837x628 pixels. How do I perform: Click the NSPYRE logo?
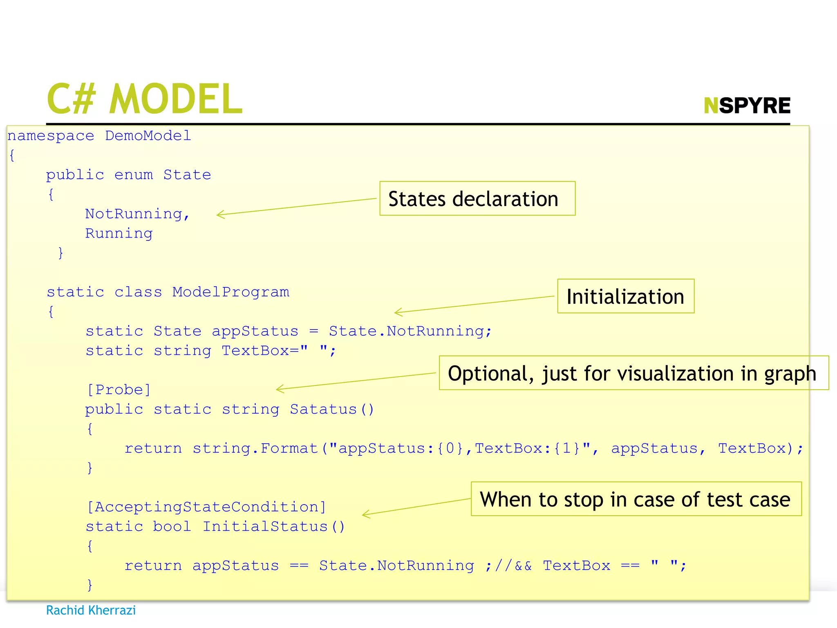point(747,105)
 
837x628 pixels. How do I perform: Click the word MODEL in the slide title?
point(176,99)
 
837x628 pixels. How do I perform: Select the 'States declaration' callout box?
point(477,199)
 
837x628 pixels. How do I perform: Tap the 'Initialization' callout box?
point(625,296)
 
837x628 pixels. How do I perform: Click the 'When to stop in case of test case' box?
point(636,499)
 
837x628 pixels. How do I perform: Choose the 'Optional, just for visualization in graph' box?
point(633,373)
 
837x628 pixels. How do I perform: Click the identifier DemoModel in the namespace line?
point(148,136)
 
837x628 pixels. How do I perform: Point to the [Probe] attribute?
point(119,390)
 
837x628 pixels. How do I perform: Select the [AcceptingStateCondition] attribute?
point(206,507)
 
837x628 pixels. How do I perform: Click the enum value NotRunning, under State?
point(137,214)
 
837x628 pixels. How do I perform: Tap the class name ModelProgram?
point(231,292)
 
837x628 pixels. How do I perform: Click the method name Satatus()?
point(331,409)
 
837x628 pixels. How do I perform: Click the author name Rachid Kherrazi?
point(91,610)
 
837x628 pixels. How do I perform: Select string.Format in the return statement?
point(255,449)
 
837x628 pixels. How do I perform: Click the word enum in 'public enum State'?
point(134,175)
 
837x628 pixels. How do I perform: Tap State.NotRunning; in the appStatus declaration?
point(410,331)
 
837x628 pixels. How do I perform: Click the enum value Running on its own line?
point(119,233)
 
